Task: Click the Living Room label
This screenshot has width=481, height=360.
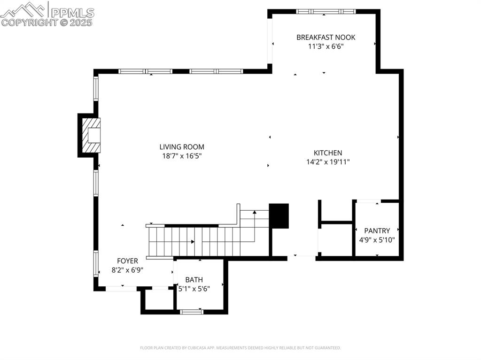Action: pyautogui.click(x=181, y=147)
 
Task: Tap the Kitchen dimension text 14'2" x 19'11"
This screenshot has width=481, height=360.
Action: pyautogui.click(x=327, y=162)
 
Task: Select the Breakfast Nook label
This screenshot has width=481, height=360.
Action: pyautogui.click(x=326, y=37)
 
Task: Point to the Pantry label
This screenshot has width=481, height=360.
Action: pyautogui.click(x=377, y=230)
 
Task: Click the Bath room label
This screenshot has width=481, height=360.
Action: pyautogui.click(x=194, y=280)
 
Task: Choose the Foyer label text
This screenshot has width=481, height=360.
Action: pyautogui.click(x=127, y=261)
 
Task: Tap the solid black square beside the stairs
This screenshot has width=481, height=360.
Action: pyautogui.click(x=279, y=216)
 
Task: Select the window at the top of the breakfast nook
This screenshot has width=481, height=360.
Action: pyautogui.click(x=325, y=11)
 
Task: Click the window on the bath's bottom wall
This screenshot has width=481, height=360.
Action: pyautogui.click(x=192, y=311)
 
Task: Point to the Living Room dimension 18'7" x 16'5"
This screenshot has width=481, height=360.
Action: pyautogui.click(x=181, y=156)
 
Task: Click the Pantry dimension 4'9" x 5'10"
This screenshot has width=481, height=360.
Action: pyautogui.click(x=377, y=239)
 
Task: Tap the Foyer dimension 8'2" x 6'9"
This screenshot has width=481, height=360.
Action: pyautogui.click(x=127, y=270)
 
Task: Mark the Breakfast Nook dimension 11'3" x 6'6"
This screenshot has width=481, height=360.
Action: pyautogui.click(x=326, y=46)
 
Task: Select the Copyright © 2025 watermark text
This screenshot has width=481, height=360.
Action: pyautogui.click(x=47, y=22)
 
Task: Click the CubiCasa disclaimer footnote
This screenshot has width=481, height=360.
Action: pyautogui.click(x=240, y=348)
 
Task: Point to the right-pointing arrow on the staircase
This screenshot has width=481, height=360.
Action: pyautogui.click(x=193, y=242)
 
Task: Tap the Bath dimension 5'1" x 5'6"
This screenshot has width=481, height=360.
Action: pyautogui.click(x=194, y=289)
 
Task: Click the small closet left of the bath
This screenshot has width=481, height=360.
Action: pyautogui.click(x=158, y=300)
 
